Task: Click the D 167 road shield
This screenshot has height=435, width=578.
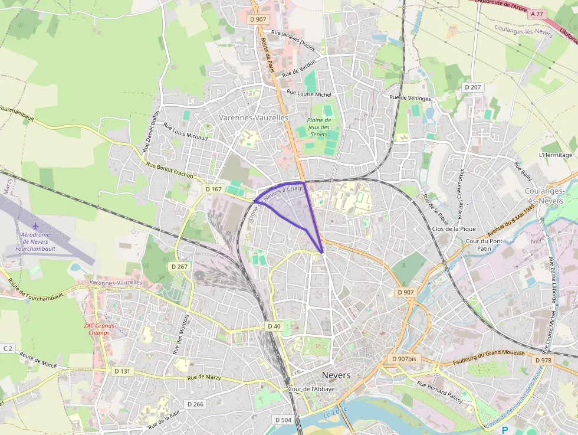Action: [214, 189]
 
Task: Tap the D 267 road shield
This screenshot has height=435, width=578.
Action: [180, 267]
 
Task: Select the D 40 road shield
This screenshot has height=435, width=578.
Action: [274, 326]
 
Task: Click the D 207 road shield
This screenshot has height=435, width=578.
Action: [472, 87]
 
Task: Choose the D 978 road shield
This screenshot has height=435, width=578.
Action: [543, 360]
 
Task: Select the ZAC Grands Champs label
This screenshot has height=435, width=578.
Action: [98, 329]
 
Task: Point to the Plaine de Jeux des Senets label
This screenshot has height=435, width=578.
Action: [318, 127]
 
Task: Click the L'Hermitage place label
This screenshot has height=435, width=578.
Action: [556, 155]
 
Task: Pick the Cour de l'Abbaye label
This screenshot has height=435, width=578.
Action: [312, 389]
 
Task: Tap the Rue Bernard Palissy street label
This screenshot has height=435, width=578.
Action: [439, 391]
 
